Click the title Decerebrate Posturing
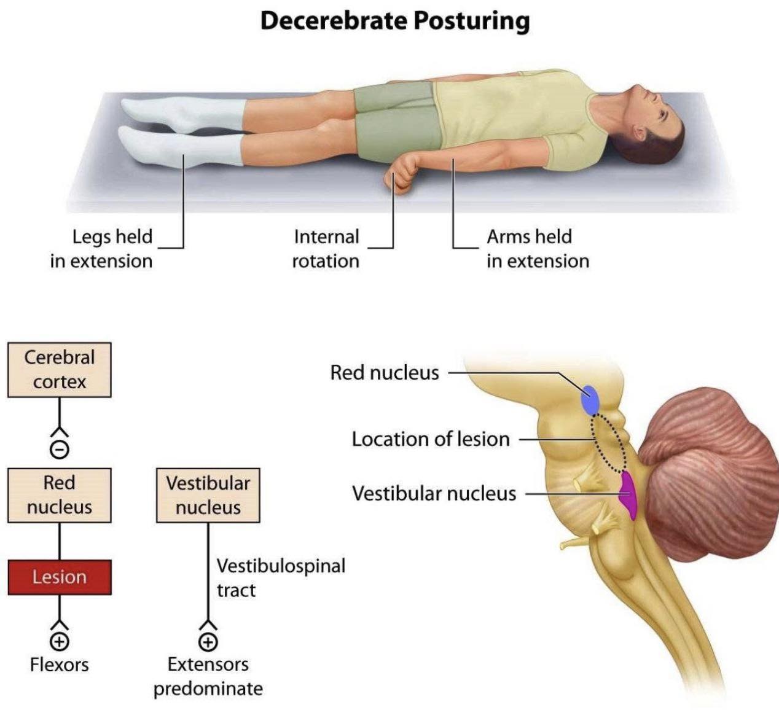click(x=395, y=21)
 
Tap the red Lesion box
click(x=60, y=577)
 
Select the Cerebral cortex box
click(x=60, y=370)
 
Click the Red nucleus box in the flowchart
click(x=60, y=495)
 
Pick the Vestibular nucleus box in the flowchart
click(x=208, y=495)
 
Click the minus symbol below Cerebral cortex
click(x=60, y=450)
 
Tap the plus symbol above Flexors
click(x=60, y=642)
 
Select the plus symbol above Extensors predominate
click(x=208, y=642)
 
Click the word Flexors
click(x=60, y=665)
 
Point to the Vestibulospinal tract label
click(x=281, y=578)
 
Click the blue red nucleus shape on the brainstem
click(x=590, y=400)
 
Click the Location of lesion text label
click(x=431, y=439)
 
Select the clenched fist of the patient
click(x=401, y=175)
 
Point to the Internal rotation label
click(x=326, y=249)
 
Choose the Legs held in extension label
click(x=101, y=249)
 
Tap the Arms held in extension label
click(x=538, y=249)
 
